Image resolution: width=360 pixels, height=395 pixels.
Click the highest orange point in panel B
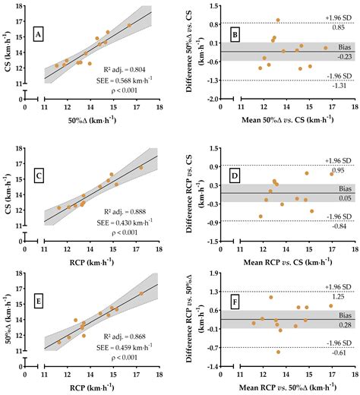pos(277,20)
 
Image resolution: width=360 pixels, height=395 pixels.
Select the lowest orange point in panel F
pos(278,352)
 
